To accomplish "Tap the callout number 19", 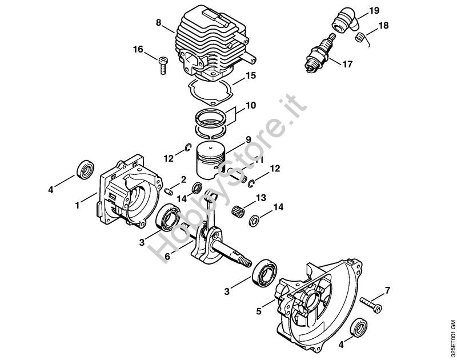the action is point(374,11).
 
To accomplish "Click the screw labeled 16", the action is point(163,66).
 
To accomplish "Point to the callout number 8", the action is point(159,22).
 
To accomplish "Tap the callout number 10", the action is point(251,105).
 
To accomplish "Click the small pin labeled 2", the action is point(168,191).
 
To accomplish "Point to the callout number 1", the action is point(77,206).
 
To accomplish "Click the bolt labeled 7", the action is point(371,305).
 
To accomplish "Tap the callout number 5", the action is point(259,311).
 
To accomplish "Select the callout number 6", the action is point(167,257).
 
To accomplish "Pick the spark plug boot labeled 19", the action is point(348,21).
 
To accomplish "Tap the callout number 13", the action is point(261,198).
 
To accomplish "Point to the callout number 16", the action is point(138,49).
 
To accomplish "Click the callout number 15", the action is point(251,75).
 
